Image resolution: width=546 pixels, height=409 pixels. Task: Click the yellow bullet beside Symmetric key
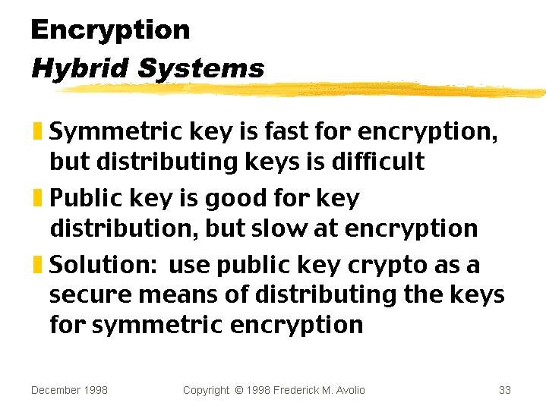(37, 131)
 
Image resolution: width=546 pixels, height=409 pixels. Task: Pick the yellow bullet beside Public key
(37, 197)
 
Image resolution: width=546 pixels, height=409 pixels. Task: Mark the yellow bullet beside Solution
(37, 264)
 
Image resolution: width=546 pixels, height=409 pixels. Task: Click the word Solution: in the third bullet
(103, 264)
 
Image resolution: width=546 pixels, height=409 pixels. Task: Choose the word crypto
(387, 266)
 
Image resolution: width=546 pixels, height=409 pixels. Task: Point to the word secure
(90, 295)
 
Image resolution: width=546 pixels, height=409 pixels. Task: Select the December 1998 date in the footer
(69, 390)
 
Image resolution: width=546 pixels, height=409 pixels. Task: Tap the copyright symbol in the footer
(239, 390)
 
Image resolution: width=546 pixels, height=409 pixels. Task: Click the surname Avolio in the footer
(350, 390)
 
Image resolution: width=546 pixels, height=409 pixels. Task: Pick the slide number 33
(504, 390)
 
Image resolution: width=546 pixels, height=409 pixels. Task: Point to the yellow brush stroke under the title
(299, 90)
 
